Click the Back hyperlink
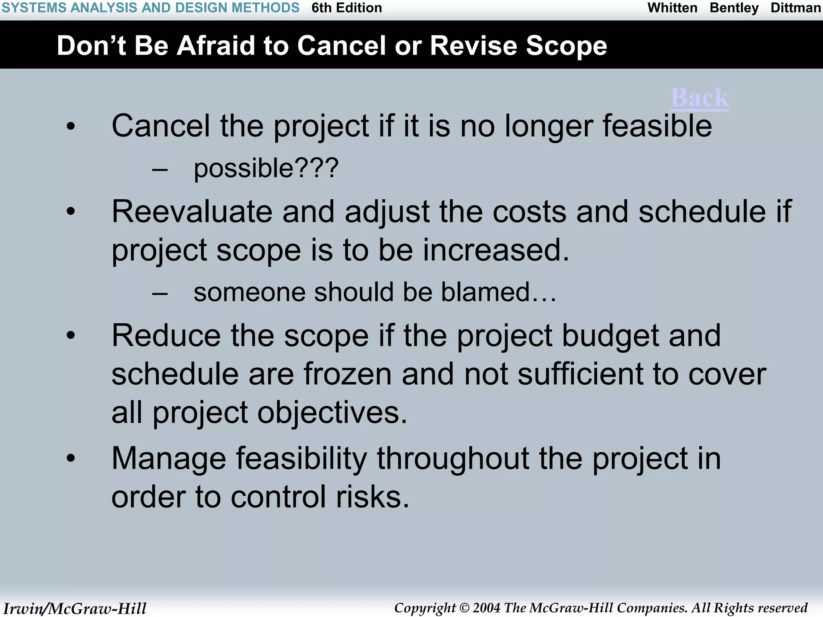pos(700,98)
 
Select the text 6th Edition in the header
pos(346,8)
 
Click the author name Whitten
pos(672,8)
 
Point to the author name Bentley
pos(734,8)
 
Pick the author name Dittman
pos(795,8)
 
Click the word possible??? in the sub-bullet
pos(266,168)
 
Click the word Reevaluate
pos(192,211)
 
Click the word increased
pos(495,250)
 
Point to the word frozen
pos(347,374)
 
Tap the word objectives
pos(332,413)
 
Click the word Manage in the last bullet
pos(169,458)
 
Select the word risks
pos(372,497)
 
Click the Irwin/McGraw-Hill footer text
pos(75,608)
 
